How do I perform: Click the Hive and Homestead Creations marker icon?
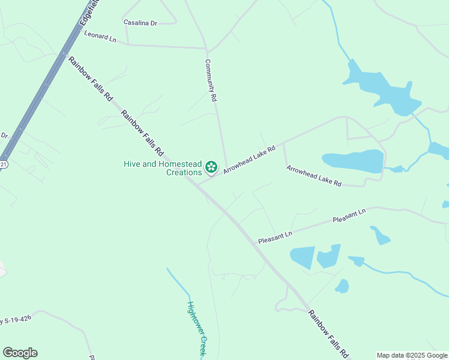[211, 166]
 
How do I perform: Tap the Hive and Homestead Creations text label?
[163, 168]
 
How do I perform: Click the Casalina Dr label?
[140, 23]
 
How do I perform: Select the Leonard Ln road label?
[100, 37]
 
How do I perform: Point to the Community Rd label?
[210, 80]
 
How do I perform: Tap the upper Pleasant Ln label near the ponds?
[349, 217]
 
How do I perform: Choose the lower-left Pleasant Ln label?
[275, 236]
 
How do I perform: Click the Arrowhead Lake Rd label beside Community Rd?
[249, 160]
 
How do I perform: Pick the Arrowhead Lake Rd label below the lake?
[313, 175]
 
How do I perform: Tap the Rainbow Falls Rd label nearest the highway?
[90, 78]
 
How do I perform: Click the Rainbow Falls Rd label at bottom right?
[328, 334]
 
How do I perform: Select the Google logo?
[20, 353]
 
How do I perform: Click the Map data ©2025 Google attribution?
[412, 355]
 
